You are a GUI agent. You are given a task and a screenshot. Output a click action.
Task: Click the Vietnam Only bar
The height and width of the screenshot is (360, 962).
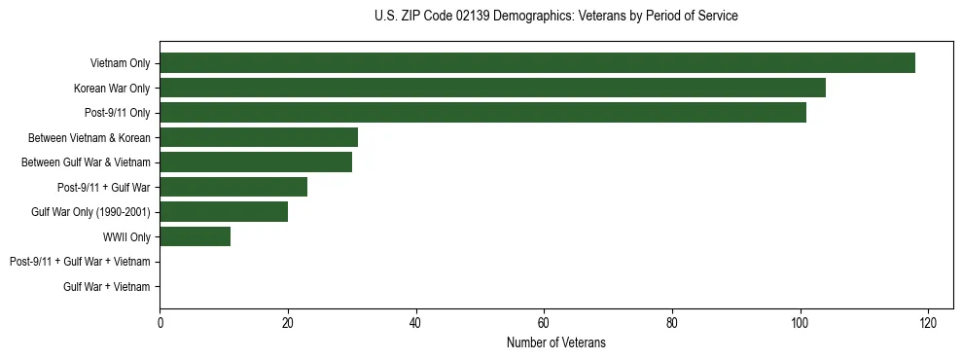(537, 63)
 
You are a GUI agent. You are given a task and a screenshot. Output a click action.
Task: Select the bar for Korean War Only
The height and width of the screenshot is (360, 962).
(492, 88)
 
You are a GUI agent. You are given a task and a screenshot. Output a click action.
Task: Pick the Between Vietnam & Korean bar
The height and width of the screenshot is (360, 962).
(259, 137)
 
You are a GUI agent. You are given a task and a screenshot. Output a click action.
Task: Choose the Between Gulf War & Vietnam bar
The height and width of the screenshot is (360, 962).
(256, 162)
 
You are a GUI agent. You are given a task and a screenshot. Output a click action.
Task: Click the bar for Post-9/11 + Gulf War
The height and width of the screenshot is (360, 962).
(233, 187)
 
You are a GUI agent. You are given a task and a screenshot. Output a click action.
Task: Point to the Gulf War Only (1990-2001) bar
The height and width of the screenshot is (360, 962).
(224, 212)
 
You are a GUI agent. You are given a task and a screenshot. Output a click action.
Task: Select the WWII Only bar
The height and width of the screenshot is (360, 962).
(195, 236)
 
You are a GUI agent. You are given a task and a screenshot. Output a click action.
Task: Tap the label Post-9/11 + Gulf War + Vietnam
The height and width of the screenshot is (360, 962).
(80, 262)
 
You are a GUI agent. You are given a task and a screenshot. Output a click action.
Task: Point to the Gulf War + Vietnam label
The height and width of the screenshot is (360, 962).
(107, 287)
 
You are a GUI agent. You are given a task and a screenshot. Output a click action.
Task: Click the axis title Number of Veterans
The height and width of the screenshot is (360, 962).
(556, 342)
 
